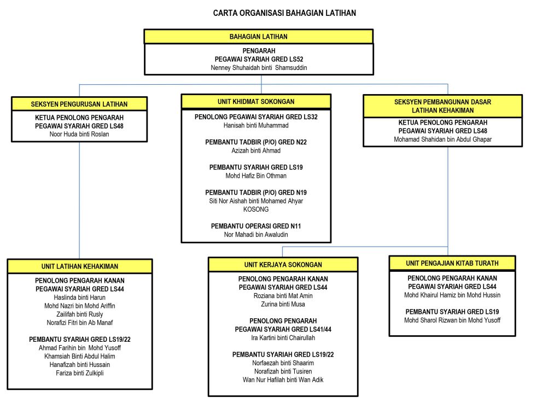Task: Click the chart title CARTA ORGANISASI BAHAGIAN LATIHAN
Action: point(284,13)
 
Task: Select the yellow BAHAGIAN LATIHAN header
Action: point(259,37)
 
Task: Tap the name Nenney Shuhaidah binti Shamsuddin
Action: point(259,68)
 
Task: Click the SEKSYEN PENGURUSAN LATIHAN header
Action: point(79,104)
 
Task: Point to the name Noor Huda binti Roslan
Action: point(79,135)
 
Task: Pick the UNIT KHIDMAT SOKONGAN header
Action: point(256,101)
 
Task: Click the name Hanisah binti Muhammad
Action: point(256,125)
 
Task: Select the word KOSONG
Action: point(256,209)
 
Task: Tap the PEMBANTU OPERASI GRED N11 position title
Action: point(256,226)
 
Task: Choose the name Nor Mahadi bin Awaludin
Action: point(256,235)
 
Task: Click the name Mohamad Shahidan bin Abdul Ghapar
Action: point(443,139)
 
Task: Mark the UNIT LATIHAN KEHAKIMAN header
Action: point(80,266)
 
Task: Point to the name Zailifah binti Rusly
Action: point(80,314)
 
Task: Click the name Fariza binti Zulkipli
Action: point(80,373)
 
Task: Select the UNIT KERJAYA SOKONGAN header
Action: point(283,265)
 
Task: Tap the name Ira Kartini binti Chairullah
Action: point(283,338)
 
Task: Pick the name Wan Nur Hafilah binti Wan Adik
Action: point(283,380)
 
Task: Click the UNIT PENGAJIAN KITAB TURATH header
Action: point(452,263)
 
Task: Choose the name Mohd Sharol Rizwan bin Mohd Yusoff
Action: point(452,320)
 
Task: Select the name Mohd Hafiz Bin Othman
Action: point(256,176)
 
